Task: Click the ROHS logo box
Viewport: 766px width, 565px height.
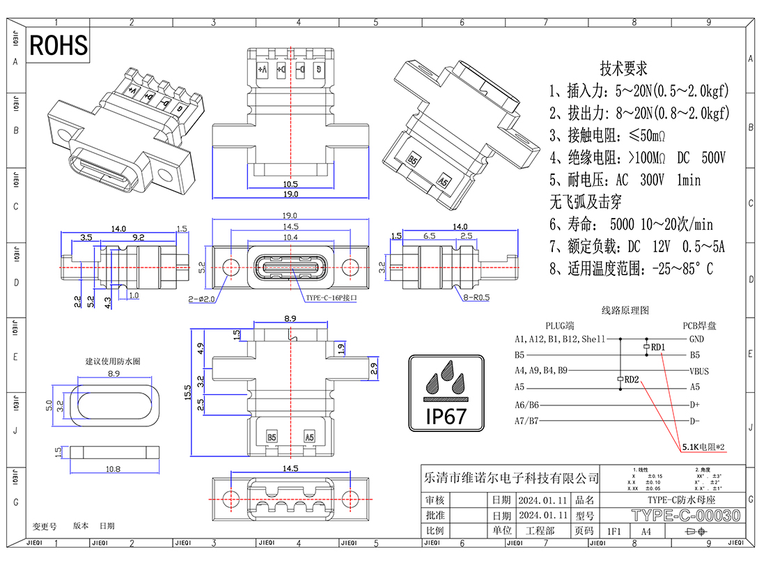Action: click(59, 45)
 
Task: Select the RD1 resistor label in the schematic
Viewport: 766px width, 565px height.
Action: click(658, 347)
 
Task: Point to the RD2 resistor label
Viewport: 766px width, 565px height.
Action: click(632, 380)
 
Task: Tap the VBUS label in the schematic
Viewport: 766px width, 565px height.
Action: click(699, 371)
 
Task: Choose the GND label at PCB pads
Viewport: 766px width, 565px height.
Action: click(696, 339)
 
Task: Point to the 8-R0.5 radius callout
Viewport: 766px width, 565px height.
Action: click(475, 297)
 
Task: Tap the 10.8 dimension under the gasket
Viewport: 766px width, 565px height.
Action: click(113, 469)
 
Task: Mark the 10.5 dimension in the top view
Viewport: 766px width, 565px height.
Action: click(290, 185)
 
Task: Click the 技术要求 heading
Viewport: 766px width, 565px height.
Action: click(623, 69)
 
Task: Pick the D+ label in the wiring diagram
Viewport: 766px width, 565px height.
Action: click(694, 405)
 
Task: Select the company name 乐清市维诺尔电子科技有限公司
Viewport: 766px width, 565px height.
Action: click(511, 478)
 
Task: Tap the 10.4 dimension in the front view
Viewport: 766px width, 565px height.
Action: click(290, 238)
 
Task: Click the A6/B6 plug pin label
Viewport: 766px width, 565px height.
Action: click(527, 405)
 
